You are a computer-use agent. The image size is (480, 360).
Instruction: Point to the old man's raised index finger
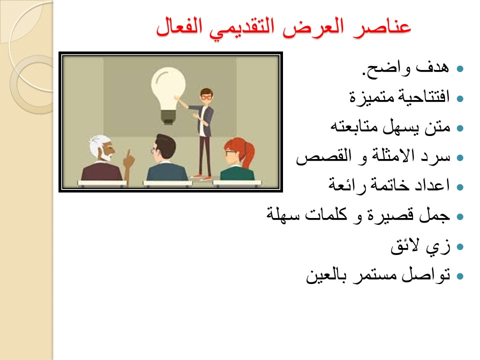click(128, 153)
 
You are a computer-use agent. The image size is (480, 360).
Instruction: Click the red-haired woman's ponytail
click(248, 154)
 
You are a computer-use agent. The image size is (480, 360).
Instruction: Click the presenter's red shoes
click(201, 177)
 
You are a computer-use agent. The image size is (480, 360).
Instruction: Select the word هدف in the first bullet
click(432, 67)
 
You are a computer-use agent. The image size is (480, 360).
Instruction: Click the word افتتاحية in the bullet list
click(423, 97)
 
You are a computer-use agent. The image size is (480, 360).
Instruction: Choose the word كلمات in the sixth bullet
click(326, 214)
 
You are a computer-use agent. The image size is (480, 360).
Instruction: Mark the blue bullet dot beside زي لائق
click(460, 246)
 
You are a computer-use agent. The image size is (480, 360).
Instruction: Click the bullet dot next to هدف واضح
click(460, 68)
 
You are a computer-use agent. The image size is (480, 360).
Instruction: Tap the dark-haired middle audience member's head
click(163, 147)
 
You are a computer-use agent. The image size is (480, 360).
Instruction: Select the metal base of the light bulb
click(168, 117)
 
